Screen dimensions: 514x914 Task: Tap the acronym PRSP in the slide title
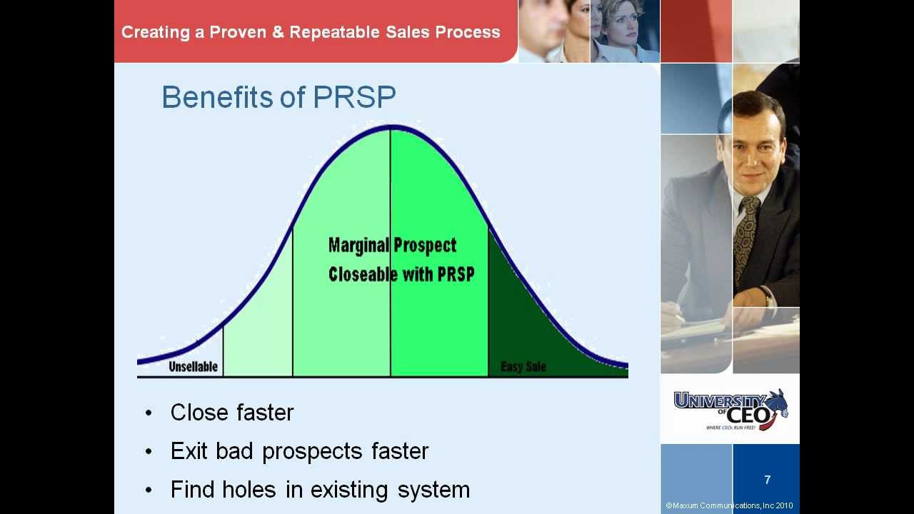[354, 97]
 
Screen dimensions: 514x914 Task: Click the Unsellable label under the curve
[193, 367]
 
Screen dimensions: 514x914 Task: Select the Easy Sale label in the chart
[523, 367]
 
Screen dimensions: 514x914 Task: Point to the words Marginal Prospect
[392, 246]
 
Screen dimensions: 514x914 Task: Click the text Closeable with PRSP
[401, 274]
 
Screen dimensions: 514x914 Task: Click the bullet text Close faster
[232, 413]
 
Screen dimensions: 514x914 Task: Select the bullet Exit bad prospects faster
[299, 451]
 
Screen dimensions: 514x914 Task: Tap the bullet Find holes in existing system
[320, 490]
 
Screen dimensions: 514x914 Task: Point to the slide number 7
[768, 480]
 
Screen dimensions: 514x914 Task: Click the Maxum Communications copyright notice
[729, 505]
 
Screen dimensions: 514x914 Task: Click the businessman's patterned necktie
[746, 236]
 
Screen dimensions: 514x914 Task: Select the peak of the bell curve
[391, 128]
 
